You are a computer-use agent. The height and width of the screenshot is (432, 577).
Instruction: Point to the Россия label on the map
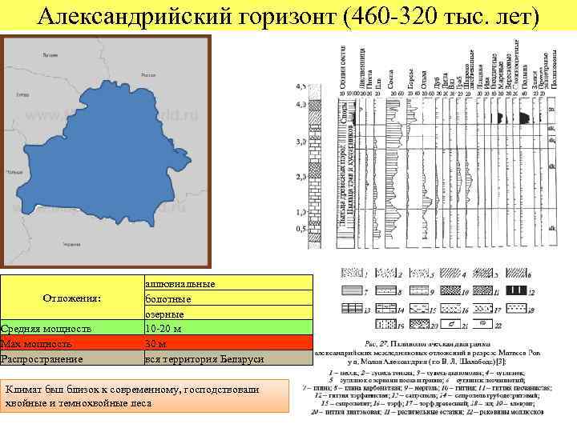pos(147,74)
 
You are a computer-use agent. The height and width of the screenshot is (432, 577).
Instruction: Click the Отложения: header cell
pos(72,298)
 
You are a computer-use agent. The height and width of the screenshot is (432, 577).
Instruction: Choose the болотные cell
pos(168,299)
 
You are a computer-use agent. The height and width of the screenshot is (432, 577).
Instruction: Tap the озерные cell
pos(165,314)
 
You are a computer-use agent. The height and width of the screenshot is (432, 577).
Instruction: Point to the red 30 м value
pos(155,344)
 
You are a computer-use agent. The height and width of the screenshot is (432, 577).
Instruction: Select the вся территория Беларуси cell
pos(204,359)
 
